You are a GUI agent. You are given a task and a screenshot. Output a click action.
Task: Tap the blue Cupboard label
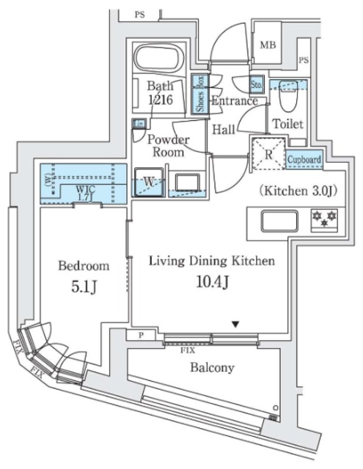pos(303,159)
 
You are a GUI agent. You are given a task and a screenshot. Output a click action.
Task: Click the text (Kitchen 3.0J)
pos(297,191)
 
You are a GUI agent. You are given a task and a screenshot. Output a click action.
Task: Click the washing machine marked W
pos(150,180)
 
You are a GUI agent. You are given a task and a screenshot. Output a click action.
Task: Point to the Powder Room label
pos(169,146)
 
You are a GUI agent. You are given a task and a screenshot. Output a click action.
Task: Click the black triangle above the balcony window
pos(235,324)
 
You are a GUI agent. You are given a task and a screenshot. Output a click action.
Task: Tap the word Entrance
pos(234,101)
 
